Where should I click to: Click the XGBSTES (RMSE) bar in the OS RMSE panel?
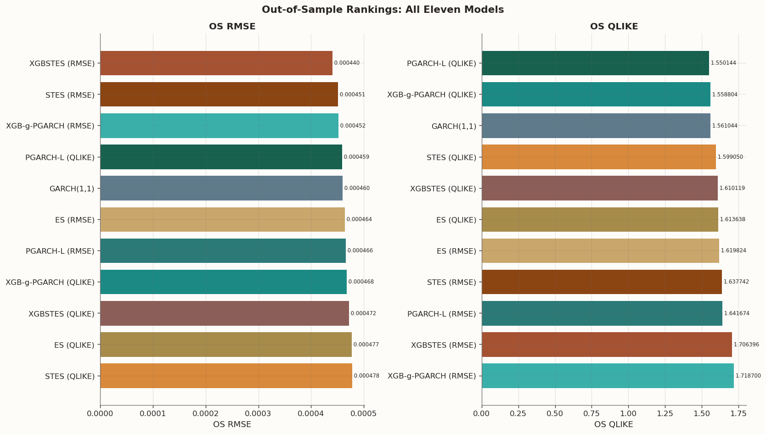(x=216, y=63)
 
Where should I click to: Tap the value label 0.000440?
(x=347, y=63)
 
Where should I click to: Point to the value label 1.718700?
(x=748, y=376)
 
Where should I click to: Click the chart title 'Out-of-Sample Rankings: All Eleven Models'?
(x=383, y=10)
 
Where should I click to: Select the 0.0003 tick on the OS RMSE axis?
(x=259, y=414)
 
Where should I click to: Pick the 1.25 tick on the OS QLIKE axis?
(x=665, y=414)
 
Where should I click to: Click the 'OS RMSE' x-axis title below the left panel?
(x=232, y=425)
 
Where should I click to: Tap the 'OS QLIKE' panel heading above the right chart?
(x=614, y=27)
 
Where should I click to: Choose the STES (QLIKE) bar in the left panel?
(x=226, y=376)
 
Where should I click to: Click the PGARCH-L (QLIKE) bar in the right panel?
(x=595, y=63)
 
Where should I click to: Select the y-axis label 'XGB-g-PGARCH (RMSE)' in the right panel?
(x=432, y=376)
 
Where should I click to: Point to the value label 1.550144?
(x=723, y=63)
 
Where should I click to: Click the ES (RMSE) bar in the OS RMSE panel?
(x=222, y=220)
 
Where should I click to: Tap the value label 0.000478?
(x=366, y=376)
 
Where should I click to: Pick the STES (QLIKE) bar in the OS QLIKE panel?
(x=598, y=157)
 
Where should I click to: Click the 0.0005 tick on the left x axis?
(x=364, y=414)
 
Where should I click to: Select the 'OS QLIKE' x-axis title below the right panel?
(x=614, y=425)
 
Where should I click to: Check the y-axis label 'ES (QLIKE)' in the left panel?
(x=74, y=345)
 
